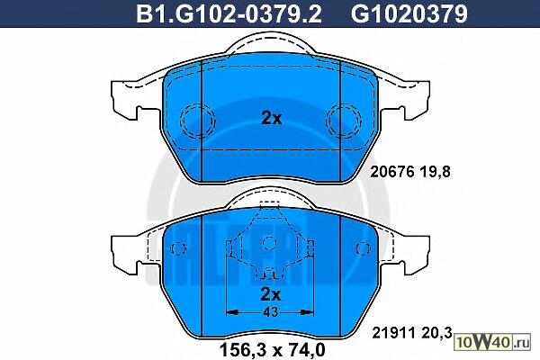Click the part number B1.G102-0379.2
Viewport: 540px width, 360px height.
point(229,13)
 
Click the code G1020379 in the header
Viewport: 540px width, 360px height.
point(409,13)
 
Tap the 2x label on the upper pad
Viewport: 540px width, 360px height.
point(272,119)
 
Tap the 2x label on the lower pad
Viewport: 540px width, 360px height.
point(271,294)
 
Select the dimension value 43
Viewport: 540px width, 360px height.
point(270,312)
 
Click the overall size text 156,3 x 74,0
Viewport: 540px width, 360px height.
point(272,350)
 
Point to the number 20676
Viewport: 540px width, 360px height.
point(391,172)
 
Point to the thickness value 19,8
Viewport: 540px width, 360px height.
point(435,172)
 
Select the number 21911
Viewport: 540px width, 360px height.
point(394,333)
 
